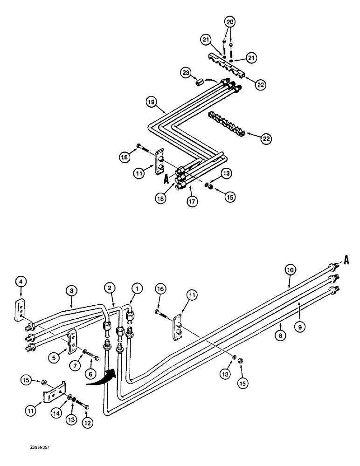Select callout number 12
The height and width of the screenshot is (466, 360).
click(87, 423)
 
